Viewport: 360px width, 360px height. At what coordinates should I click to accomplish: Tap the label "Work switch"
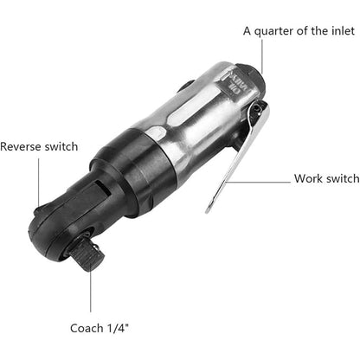pos(326,179)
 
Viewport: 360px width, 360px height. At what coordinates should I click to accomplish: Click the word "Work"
pos(308,179)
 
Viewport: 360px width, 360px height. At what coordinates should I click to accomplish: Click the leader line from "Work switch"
pos(260,181)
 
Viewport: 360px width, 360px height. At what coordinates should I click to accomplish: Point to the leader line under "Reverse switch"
pos(38,186)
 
